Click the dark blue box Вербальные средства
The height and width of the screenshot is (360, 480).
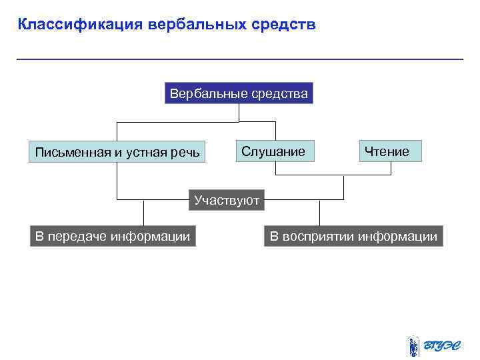tap(239, 93)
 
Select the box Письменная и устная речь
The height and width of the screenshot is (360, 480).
tap(117, 152)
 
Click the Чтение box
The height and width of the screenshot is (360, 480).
tap(390, 151)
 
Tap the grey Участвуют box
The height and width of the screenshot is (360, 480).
tap(227, 200)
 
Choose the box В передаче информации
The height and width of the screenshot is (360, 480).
tap(113, 236)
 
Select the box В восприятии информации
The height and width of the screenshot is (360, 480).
tap(353, 236)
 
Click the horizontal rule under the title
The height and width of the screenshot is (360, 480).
tap(239, 59)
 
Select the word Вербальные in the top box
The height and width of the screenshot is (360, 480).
tap(208, 93)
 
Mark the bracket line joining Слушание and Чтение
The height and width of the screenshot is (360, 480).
tap(333, 175)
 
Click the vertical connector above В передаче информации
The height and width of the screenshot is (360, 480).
tap(144, 213)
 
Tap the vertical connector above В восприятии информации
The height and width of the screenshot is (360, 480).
tap(320, 213)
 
